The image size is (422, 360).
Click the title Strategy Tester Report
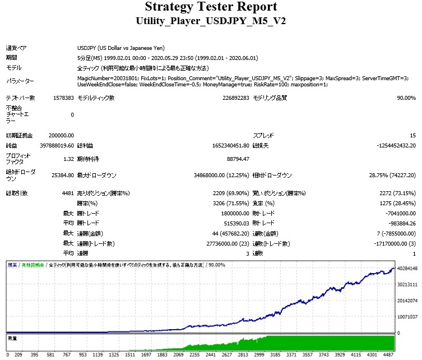click(211, 7)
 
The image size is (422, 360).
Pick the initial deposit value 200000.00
click(61, 135)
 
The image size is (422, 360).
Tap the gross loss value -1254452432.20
click(384, 145)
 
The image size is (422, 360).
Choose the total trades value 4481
click(67, 193)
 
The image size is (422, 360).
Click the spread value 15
click(412, 135)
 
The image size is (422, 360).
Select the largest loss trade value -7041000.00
click(396, 213)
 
